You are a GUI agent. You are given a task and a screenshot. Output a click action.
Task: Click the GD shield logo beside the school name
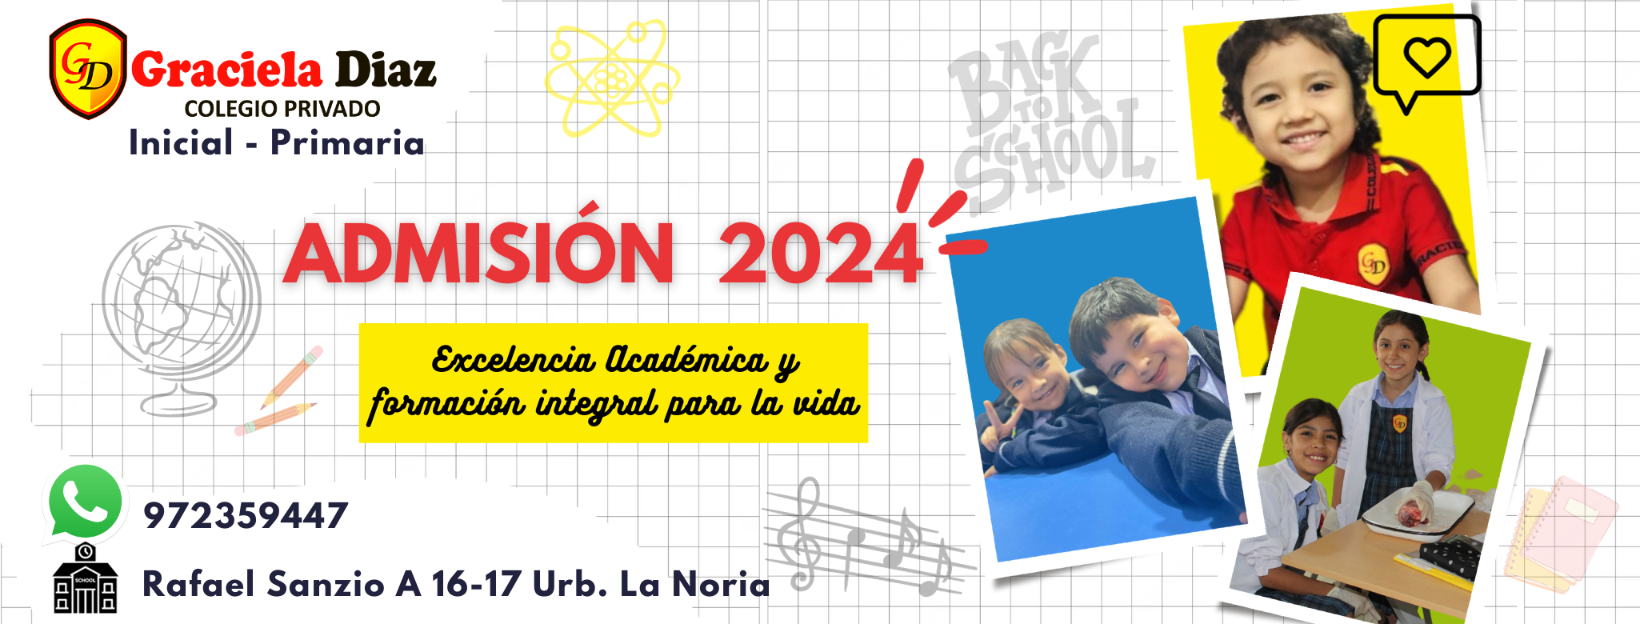coord(88,69)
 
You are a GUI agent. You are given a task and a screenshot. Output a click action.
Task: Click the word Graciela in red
coord(227,70)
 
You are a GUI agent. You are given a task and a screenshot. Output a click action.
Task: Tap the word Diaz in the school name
coord(386,70)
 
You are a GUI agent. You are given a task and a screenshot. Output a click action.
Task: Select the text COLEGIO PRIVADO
coord(282,109)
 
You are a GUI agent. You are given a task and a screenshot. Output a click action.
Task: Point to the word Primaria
coord(347,143)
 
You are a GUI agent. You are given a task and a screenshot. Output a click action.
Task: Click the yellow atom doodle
coord(613,78)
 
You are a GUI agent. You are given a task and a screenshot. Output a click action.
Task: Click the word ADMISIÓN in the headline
coord(479,254)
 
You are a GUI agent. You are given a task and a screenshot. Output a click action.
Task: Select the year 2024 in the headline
coord(821,254)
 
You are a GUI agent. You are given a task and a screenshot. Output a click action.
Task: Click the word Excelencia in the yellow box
coord(513,360)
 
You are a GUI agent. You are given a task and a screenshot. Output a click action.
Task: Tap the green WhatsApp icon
coord(85,502)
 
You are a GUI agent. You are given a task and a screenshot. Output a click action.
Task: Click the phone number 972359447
coord(246,516)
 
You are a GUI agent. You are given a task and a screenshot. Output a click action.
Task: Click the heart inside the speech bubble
coord(1427,57)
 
